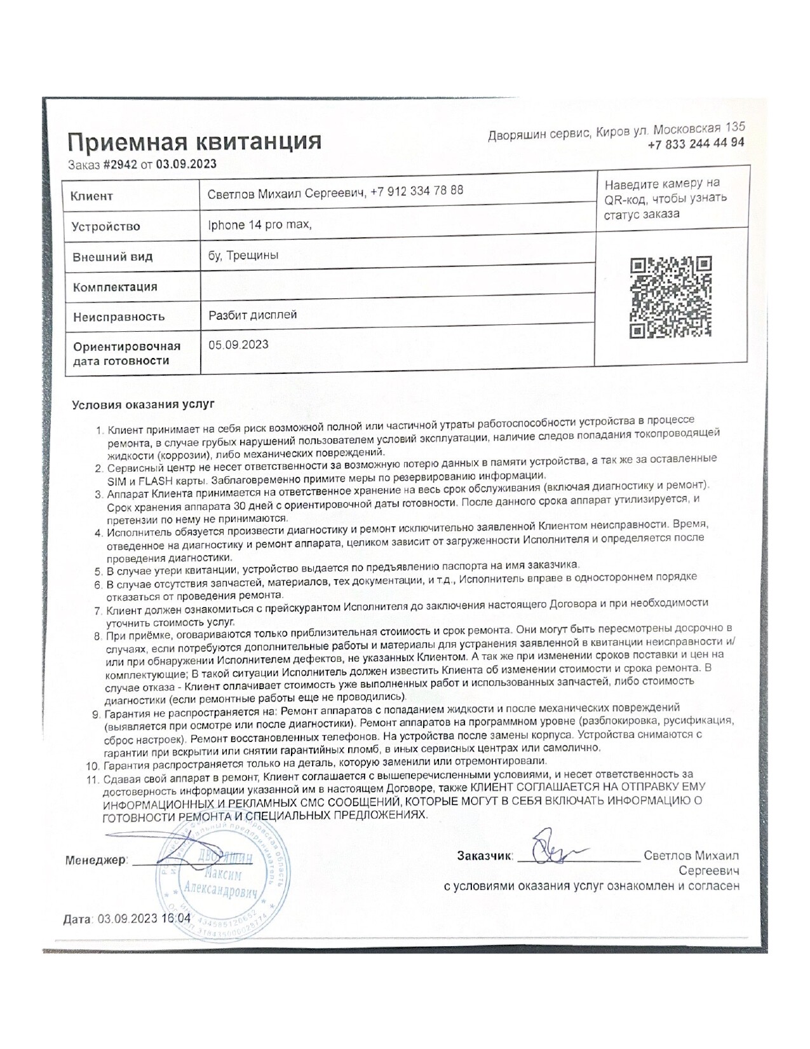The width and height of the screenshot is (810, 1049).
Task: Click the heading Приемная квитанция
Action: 194,141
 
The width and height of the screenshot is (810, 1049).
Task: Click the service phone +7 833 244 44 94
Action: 696,144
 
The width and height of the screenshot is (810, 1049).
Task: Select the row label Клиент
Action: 92,196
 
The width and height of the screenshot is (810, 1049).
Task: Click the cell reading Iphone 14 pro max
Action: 260,224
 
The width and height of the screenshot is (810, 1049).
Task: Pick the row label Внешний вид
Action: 112,257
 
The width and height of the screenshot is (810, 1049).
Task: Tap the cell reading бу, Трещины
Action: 243,256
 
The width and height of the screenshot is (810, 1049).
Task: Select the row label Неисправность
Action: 119,317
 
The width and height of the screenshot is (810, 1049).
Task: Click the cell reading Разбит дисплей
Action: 253,315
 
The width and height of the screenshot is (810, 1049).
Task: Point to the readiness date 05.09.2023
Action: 238,345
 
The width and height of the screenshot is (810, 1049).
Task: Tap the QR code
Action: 670,297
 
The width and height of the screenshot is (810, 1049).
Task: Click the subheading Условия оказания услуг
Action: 144,404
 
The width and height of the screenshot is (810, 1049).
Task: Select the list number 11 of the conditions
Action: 93,780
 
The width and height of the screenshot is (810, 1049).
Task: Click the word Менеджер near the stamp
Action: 96,860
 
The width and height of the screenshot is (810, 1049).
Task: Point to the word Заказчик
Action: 484,856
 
